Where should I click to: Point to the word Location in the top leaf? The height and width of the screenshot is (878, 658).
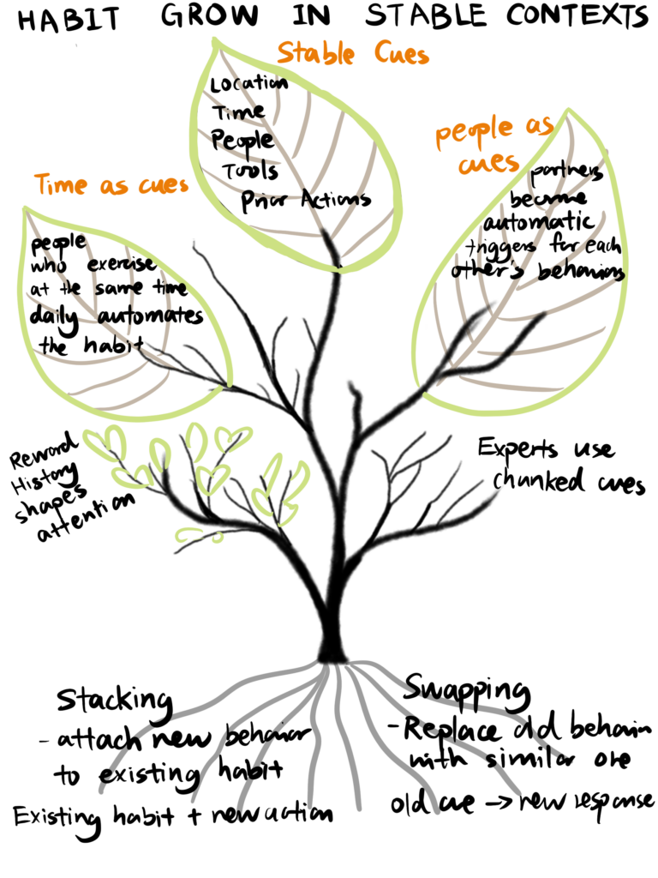click(x=249, y=84)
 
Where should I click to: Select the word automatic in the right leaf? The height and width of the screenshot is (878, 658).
click(x=539, y=222)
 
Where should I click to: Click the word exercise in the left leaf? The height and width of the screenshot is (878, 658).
click(x=121, y=264)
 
